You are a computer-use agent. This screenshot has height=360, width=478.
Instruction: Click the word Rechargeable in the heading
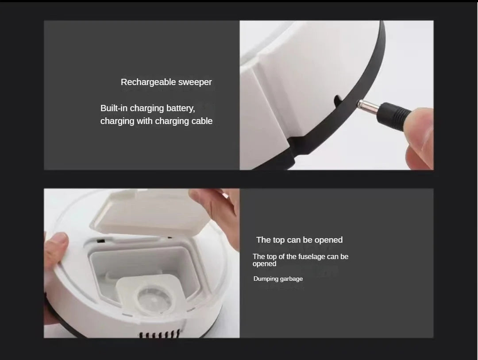point(148,82)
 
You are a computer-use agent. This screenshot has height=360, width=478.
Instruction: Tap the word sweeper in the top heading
point(195,82)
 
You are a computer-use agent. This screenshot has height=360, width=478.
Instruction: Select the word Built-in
point(114,108)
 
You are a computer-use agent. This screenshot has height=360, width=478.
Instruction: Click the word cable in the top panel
point(202,121)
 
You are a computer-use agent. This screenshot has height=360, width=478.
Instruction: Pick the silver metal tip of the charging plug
point(366,105)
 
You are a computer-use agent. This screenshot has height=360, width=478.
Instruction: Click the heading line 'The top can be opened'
point(299,240)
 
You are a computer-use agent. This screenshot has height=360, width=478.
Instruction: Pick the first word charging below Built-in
point(147,108)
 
